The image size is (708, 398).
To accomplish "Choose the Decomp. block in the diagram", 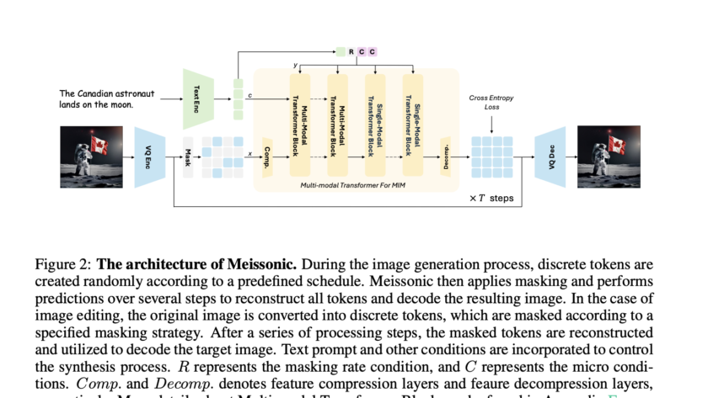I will [x=446, y=157].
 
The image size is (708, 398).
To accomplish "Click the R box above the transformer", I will [x=351, y=52].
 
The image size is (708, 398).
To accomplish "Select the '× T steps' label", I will [x=490, y=199].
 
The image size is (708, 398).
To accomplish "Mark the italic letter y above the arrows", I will [x=296, y=66].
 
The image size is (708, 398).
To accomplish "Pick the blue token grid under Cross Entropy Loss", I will [x=491, y=157].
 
